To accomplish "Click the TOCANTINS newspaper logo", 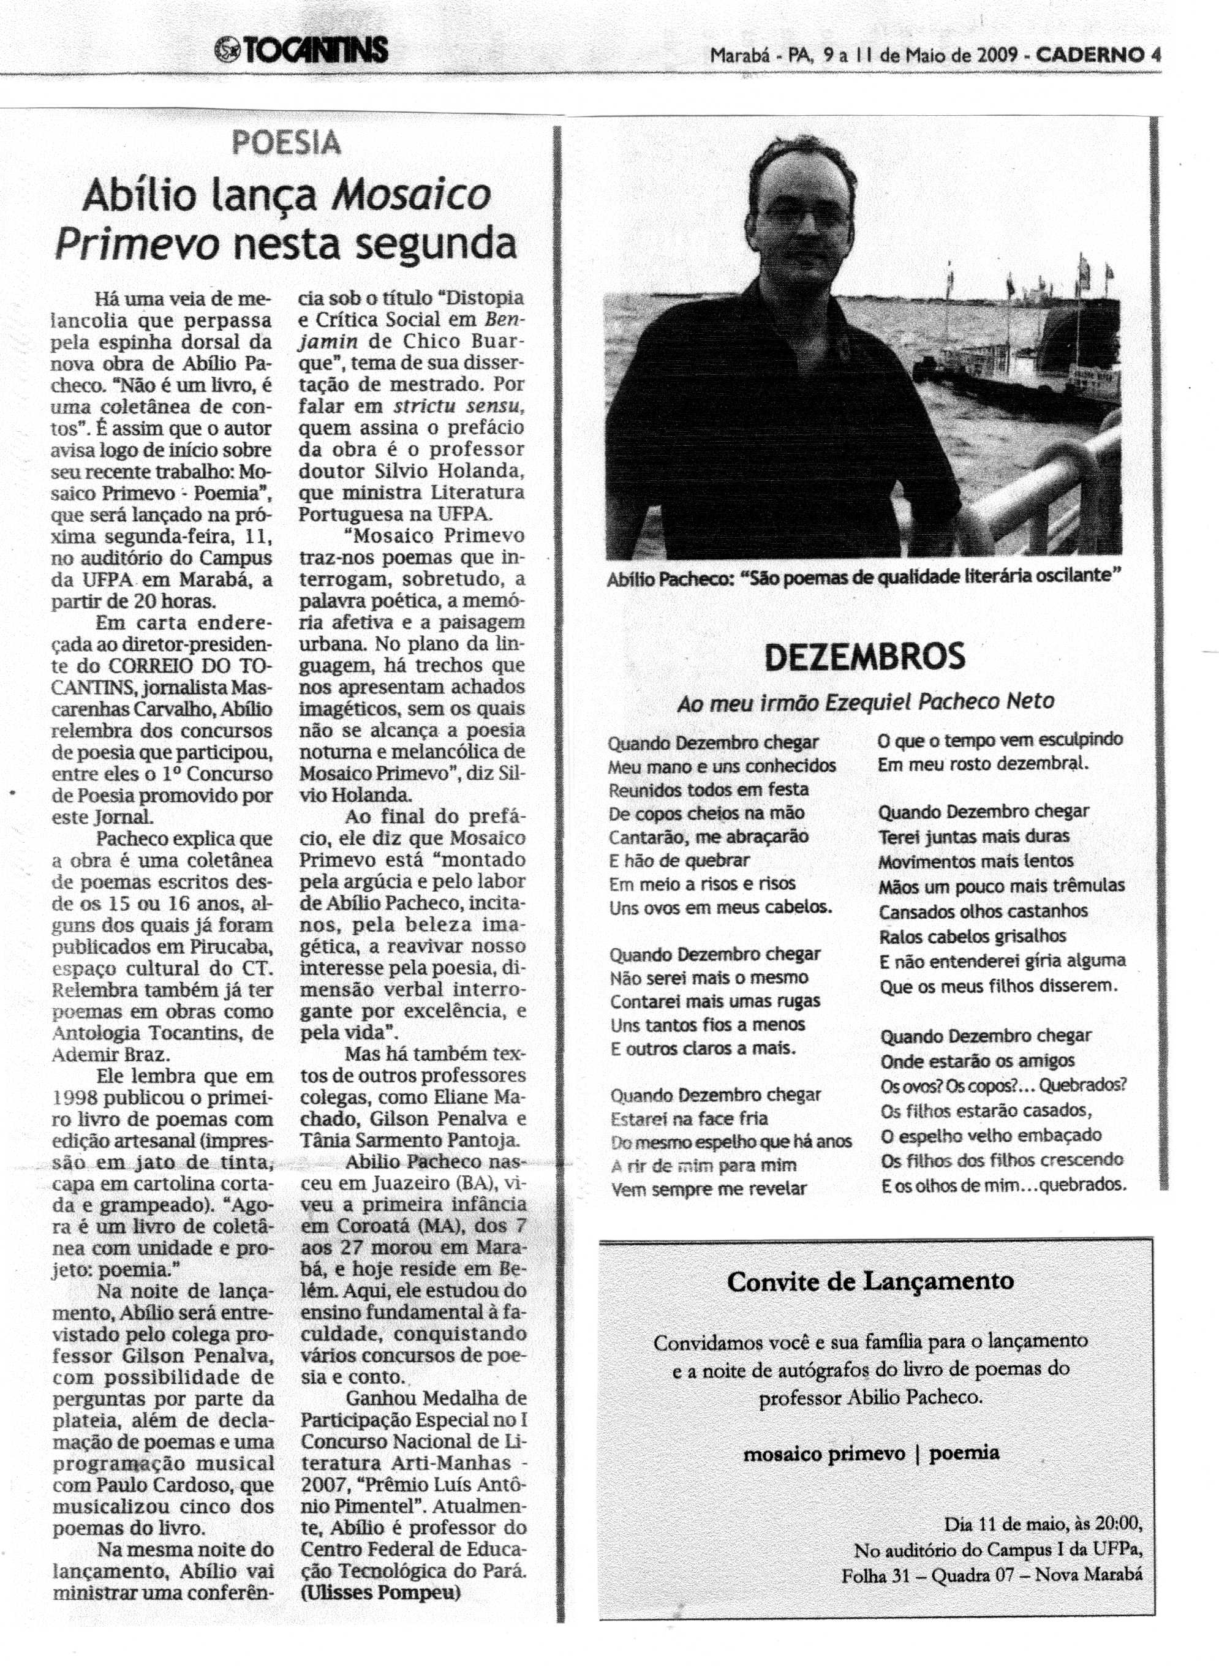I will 300,50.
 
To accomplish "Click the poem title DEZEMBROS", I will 864,656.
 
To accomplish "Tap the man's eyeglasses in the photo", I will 804,216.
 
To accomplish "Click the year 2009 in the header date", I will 999,55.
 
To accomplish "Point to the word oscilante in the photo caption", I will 1081,577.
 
